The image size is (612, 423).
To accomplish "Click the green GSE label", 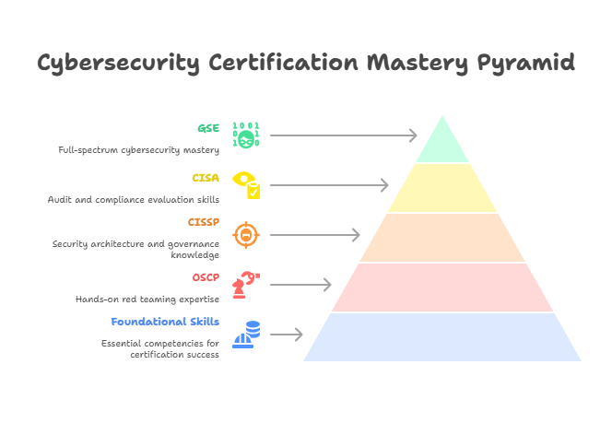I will pyautogui.click(x=208, y=128).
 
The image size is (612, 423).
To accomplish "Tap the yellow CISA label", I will pyautogui.click(x=206, y=178).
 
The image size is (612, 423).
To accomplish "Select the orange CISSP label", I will pyautogui.click(x=204, y=222).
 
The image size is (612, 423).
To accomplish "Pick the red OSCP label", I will pyautogui.click(x=206, y=277).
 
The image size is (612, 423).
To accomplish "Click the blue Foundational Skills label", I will pyautogui.click(x=165, y=322).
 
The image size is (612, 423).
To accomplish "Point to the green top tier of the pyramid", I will pyautogui.click(x=442, y=143).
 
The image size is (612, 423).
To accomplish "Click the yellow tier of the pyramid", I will pyautogui.click(x=442, y=187).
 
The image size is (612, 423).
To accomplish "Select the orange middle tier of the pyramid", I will pyautogui.click(x=442, y=237).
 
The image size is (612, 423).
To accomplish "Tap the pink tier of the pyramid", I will pyautogui.click(x=442, y=287).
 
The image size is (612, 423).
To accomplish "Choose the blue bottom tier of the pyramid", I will pyautogui.click(x=442, y=336).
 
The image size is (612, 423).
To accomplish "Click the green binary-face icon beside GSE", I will pyautogui.click(x=245, y=135).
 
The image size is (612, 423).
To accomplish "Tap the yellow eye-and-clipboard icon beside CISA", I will pyautogui.click(x=246, y=184).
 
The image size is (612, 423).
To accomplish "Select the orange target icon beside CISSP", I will pyautogui.click(x=245, y=235).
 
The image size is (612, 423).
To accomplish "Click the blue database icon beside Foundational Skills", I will pyautogui.click(x=246, y=334).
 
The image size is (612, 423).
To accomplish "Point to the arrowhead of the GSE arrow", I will pyautogui.click(x=414, y=135).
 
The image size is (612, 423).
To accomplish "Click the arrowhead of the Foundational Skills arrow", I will pyautogui.click(x=299, y=335).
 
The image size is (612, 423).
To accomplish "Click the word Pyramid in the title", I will pyautogui.click(x=525, y=64).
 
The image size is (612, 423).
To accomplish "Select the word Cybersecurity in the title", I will pyautogui.click(x=119, y=64).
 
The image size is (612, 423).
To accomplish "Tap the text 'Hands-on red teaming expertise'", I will pyautogui.click(x=147, y=300).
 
